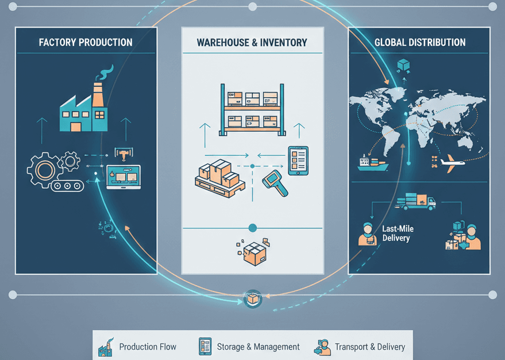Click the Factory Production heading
pyautogui.click(x=86, y=43)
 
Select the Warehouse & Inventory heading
pyautogui.click(x=252, y=43)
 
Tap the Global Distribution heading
pyautogui.click(x=420, y=43)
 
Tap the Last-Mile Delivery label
pyautogui.click(x=398, y=233)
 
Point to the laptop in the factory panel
pyautogui.click(x=123, y=177)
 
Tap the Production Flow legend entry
pyautogui.click(x=138, y=347)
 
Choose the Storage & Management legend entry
pyautogui.click(x=249, y=347)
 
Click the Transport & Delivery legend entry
pyautogui.click(x=360, y=347)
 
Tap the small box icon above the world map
pyautogui.click(x=403, y=64)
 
